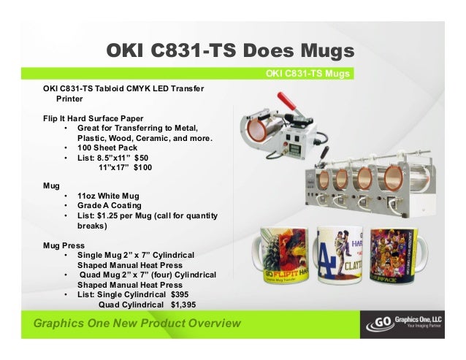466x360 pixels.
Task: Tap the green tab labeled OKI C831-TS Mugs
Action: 309,73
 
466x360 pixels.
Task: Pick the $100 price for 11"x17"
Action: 140,168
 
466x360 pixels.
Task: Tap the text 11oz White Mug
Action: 110,196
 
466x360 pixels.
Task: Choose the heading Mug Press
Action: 64,245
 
